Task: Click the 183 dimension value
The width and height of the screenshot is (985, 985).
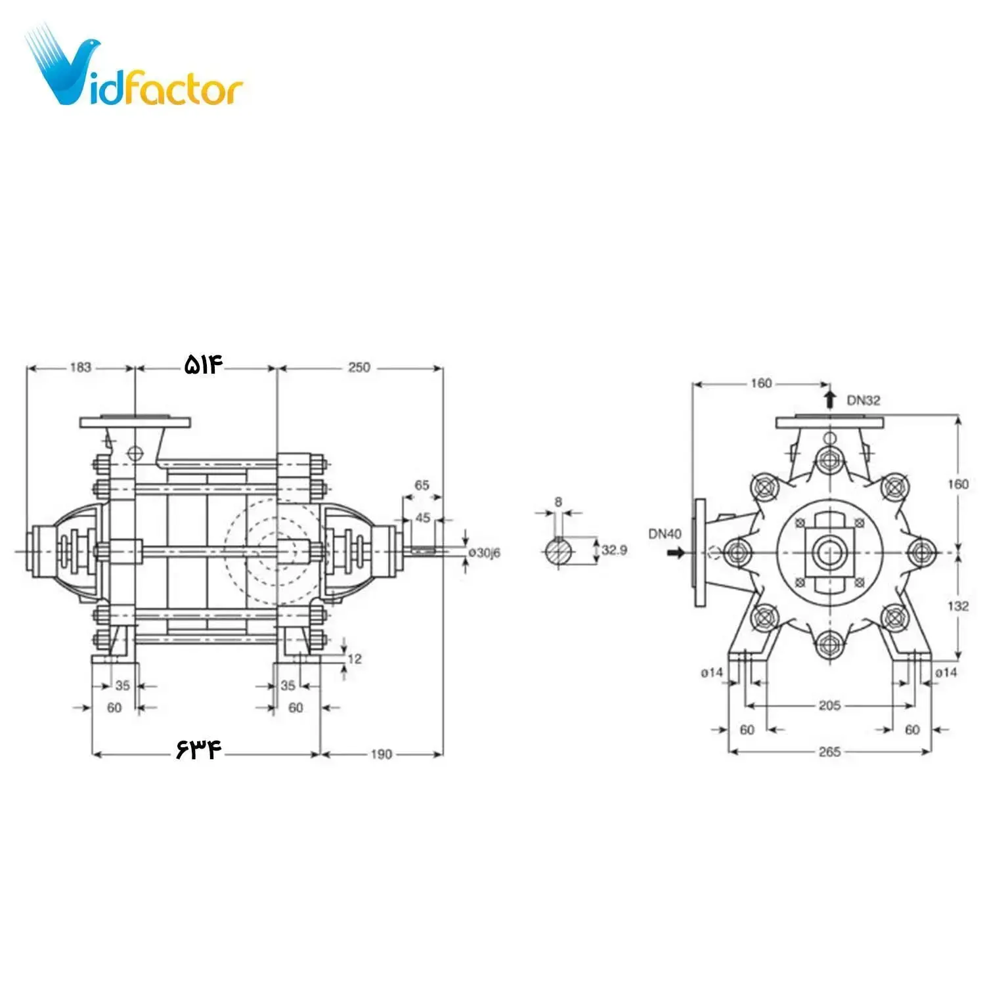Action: [80, 368]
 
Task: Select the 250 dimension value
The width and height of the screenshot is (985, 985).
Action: [359, 368]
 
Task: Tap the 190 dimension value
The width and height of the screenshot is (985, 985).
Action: [381, 754]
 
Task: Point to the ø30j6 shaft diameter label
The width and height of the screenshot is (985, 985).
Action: [485, 553]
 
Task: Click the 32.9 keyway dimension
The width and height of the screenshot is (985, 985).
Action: [614, 550]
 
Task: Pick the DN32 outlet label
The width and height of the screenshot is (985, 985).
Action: [863, 400]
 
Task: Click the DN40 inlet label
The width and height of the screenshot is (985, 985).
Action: [665, 534]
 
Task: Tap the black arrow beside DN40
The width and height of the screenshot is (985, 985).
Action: [675, 553]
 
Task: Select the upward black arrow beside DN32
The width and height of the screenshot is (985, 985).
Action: [830, 398]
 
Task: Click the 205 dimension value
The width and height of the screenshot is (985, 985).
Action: [829, 705]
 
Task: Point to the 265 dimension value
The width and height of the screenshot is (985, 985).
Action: [829, 751]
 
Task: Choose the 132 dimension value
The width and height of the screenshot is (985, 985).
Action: [958, 605]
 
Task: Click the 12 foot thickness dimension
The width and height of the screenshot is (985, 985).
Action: [355, 659]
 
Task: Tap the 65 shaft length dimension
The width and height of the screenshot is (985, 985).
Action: [422, 485]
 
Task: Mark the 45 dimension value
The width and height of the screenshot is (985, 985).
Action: [423, 518]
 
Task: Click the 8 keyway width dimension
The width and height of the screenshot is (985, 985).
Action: [558, 502]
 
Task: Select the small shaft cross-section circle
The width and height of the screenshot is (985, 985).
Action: [559, 550]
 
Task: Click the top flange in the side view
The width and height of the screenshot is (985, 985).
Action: [135, 421]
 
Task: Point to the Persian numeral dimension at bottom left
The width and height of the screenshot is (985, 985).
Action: [198, 750]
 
